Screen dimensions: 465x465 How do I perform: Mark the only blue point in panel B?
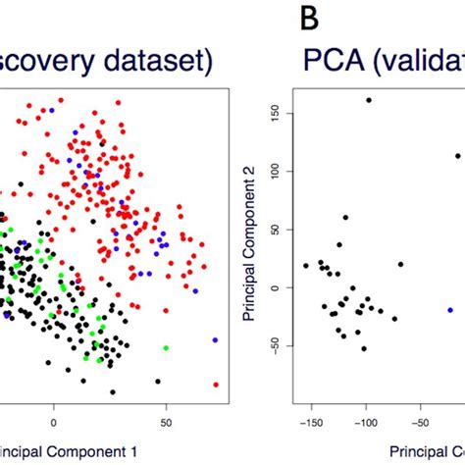point(450,309)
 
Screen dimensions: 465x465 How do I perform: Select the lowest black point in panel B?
point(363,348)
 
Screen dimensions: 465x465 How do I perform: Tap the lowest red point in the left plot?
point(216,384)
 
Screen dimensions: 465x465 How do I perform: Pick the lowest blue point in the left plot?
point(215,339)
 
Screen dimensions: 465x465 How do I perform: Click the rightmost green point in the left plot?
point(165,347)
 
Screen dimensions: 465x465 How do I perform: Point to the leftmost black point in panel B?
point(306,266)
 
